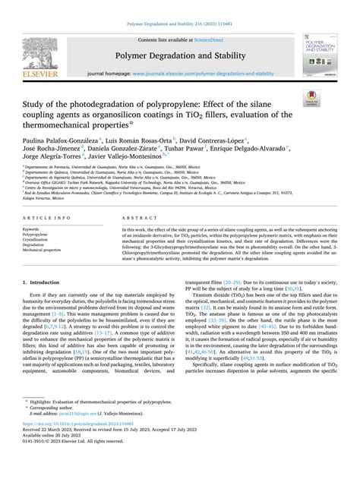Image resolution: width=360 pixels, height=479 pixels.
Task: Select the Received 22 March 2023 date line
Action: tap(114, 449)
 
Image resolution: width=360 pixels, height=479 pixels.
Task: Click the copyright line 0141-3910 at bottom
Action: tap(68, 461)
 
